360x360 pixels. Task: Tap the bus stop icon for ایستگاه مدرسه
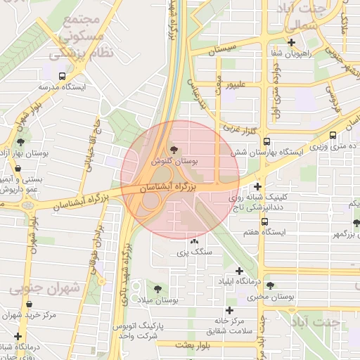(x=63, y=75)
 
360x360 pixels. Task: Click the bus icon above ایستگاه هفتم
(x=264, y=221)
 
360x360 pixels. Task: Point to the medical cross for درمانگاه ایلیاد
(x=240, y=271)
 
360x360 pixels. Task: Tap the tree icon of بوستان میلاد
(x=157, y=288)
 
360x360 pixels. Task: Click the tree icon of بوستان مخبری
(x=269, y=285)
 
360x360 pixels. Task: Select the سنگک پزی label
(x=193, y=251)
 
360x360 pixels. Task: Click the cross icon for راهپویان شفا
(x=290, y=42)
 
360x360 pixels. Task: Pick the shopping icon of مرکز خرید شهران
(x=29, y=304)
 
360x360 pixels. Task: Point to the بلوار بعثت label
(x=194, y=345)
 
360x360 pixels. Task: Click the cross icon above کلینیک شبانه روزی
(x=258, y=187)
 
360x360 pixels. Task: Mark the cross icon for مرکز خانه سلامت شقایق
(x=229, y=310)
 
